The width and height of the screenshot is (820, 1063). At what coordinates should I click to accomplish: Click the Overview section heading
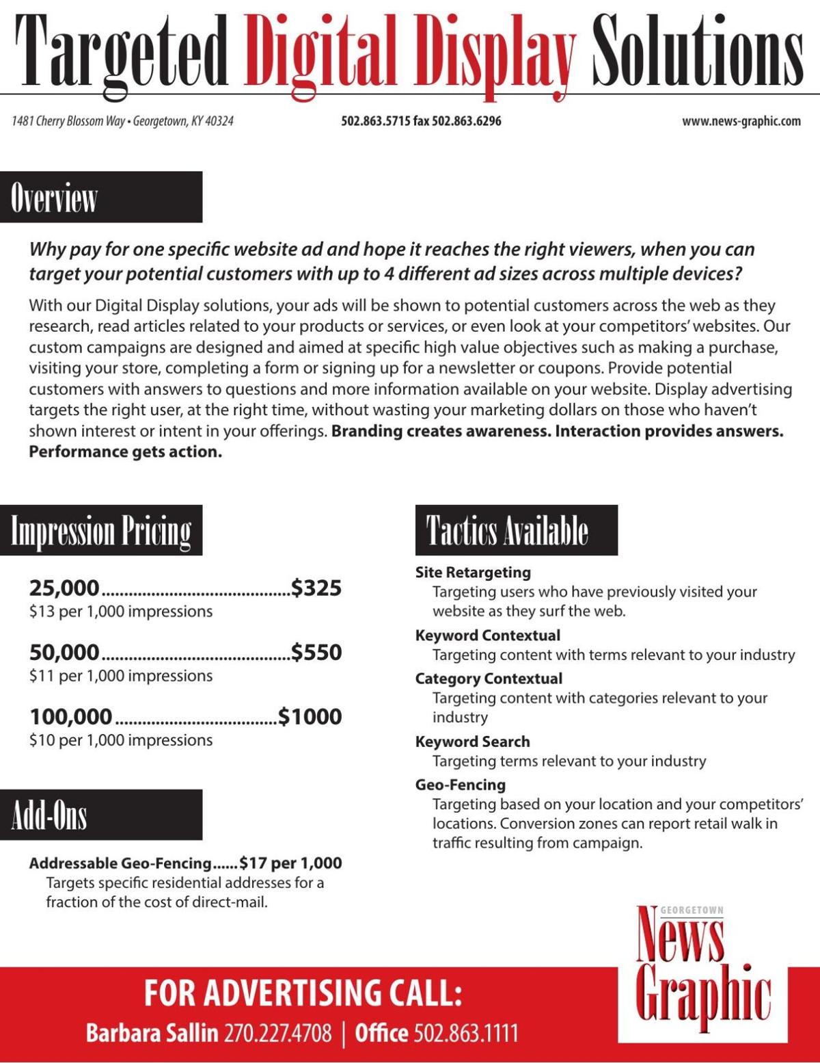click(101, 197)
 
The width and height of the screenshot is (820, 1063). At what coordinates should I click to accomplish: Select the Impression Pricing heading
click(101, 531)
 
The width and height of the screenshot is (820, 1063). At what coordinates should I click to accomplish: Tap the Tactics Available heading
click(516, 531)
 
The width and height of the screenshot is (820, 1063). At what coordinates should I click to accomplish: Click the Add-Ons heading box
click(101, 815)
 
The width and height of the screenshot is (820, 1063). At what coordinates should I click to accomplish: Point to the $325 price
click(316, 588)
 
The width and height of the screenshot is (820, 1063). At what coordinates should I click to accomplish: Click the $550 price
click(316, 652)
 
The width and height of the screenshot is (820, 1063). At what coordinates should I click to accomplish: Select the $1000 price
click(310, 716)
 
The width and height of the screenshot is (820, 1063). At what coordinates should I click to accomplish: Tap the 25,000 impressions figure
click(64, 588)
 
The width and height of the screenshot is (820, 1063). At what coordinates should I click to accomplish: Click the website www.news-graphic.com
click(741, 121)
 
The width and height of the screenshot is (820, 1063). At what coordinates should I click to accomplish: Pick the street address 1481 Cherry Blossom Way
click(68, 121)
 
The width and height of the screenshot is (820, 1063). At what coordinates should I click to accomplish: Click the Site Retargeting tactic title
click(473, 573)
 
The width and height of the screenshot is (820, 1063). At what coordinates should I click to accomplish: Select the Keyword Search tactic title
click(472, 742)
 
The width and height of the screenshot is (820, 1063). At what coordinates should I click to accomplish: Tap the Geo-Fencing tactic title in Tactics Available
click(460, 785)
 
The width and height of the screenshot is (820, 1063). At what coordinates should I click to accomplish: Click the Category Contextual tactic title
click(489, 679)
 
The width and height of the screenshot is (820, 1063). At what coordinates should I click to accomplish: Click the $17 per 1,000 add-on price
click(290, 863)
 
